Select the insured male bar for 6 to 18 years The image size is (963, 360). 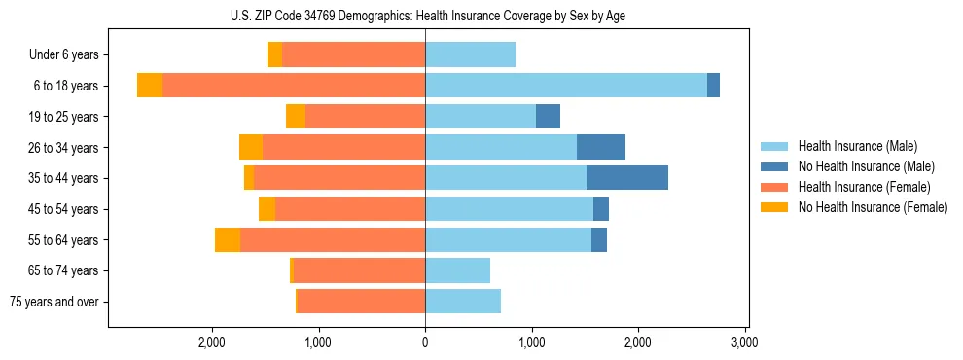coord(566,86)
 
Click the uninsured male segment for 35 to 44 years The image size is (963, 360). coord(627,178)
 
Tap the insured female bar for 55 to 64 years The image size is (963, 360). coord(333,239)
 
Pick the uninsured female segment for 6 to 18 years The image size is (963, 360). coord(150,86)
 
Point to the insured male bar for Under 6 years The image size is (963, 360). coord(470,54)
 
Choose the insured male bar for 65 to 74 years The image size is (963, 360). coord(457,270)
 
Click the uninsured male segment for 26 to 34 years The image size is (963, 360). coord(601,147)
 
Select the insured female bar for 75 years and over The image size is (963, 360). coord(361,302)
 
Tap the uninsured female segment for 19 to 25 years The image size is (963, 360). coord(296,117)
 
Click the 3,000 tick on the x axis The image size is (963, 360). coord(744,342)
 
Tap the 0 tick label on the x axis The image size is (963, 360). coord(425,342)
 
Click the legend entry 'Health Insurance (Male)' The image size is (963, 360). coord(857,146)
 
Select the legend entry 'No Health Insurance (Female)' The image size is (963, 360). coord(873,207)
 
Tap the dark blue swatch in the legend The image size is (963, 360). coord(774,166)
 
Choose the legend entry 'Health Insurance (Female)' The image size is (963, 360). coord(862,187)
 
